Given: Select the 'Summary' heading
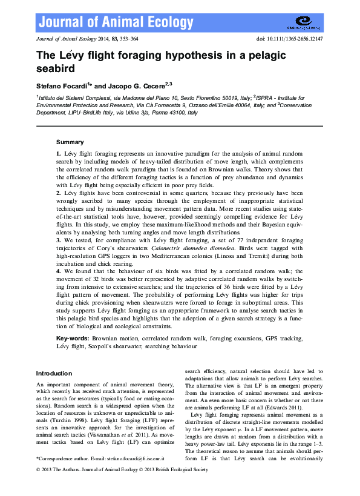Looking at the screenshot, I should click(x=70, y=142).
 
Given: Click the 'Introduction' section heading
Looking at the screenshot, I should click(x=54, y=373).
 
